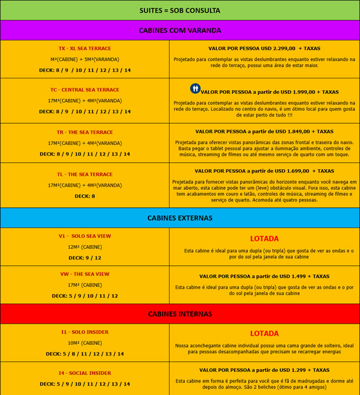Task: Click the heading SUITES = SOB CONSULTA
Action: [x=180, y=11]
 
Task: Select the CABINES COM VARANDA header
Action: [x=180, y=30]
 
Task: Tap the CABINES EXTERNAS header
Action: [x=180, y=218]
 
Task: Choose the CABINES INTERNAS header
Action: [x=180, y=314]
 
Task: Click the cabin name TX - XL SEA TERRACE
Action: [x=85, y=48]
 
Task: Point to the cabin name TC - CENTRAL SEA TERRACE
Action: [x=85, y=90]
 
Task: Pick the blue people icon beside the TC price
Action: [x=195, y=88]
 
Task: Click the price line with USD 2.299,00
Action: [x=264, y=48]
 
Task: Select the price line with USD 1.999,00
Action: [x=270, y=92]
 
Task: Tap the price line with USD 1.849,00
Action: [x=264, y=131]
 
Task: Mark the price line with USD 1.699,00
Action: [x=264, y=171]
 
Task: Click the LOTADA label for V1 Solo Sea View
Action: [x=264, y=239]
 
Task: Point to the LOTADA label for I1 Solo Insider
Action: [x=264, y=334]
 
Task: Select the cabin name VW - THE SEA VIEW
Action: [x=85, y=274]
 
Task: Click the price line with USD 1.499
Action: [x=264, y=276]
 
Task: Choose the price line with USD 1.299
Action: [x=264, y=370]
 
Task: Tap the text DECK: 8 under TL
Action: [x=85, y=196]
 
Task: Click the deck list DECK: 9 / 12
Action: [x=85, y=258]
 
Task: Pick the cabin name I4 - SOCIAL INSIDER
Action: [x=85, y=373]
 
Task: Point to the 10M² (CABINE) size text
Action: [x=85, y=343]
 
